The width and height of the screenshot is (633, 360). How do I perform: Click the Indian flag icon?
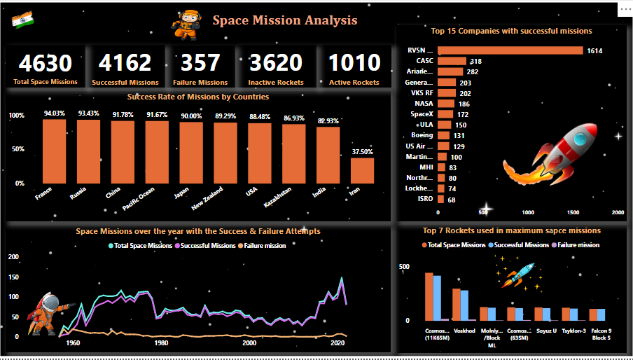[21, 20]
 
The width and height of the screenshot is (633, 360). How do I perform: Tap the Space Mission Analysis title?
[285, 20]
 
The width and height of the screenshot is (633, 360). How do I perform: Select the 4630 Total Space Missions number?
[46, 64]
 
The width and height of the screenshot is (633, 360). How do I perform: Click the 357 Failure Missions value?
[200, 64]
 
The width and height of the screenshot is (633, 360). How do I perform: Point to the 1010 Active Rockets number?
[354, 64]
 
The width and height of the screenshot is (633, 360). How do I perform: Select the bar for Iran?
[362, 170]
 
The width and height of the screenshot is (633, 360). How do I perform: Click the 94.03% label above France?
[54, 113]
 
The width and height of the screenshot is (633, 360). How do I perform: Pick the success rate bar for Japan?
[190, 153]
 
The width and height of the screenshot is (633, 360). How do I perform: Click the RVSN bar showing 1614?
[510, 50]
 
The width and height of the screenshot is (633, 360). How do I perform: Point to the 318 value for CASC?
[475, 62]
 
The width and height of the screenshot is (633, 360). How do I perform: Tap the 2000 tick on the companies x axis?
[617, 212]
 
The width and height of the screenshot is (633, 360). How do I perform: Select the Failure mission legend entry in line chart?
[263, 245]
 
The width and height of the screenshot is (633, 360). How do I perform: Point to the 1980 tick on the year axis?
[161, 343]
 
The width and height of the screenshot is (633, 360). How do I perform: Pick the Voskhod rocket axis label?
[464, 331]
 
